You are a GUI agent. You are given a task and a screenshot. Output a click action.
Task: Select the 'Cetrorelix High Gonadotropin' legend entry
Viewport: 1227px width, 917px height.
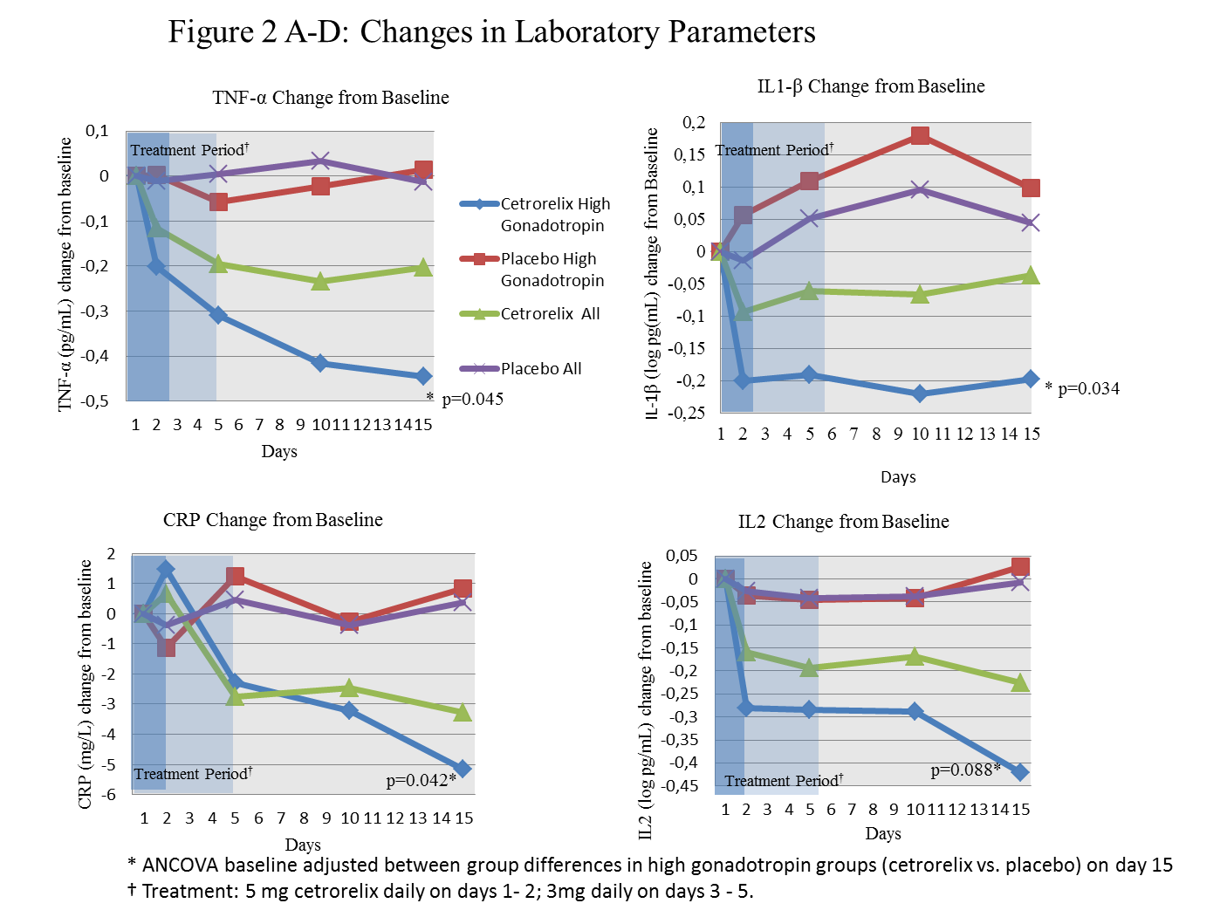(554, 215)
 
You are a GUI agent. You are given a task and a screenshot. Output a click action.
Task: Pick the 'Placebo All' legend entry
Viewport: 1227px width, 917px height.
(540, 369)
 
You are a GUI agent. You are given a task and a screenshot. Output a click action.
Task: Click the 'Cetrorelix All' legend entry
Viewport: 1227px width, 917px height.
(550, 314)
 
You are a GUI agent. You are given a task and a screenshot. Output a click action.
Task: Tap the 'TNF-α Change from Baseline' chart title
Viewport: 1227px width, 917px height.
(331, 98)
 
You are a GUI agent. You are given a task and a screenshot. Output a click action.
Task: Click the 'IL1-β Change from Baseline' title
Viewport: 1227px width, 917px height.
(870, 86)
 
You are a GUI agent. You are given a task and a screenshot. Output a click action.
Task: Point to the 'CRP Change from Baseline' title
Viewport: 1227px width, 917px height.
(272, 520)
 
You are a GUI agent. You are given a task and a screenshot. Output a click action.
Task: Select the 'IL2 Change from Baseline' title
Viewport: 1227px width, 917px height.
(843, 522)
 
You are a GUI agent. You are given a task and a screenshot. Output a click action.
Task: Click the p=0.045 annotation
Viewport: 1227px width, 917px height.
(472, 400)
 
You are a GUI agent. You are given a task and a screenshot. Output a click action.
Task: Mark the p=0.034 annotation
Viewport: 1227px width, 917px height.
(1087, 389)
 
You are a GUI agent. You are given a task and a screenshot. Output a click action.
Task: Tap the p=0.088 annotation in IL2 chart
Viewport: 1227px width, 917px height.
(963, 770)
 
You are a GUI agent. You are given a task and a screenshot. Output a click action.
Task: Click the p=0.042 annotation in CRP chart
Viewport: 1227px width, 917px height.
(419, 780)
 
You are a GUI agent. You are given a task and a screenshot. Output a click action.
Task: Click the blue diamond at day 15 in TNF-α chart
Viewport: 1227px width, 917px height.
(423, 376)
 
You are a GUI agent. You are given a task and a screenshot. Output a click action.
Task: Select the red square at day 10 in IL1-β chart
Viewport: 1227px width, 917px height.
(920, 135)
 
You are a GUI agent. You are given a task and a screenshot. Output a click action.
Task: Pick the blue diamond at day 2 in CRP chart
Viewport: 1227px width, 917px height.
(166, 570)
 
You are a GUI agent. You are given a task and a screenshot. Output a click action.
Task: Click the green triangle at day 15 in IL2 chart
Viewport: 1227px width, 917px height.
(1020, 683)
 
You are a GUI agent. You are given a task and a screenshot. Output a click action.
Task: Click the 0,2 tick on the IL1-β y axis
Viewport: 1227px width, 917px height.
(694, 122)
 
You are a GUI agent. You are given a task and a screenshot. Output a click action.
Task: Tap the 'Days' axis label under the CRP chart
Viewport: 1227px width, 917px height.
(303, 845)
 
